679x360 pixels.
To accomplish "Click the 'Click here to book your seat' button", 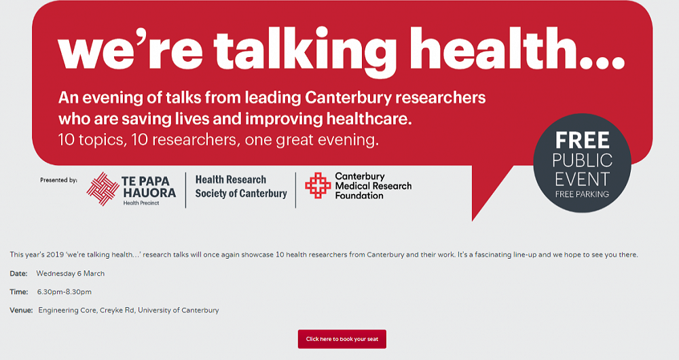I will coord(342,339).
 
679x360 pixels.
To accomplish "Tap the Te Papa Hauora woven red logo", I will coord(103,189).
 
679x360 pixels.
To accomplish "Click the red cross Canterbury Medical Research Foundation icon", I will coord(318,185).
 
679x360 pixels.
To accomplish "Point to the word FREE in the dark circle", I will coord(583,141).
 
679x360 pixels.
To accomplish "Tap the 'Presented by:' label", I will coord(59,181).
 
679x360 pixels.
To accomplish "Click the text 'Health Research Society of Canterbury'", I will coord(241,187).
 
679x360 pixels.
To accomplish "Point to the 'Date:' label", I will coord(19,274).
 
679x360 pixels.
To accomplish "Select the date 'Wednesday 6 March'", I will coord(71,274).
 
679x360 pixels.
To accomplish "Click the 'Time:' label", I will coord(19,292).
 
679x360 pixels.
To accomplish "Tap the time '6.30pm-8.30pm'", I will coord(65,292).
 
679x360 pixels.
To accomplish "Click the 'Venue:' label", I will coord(21,310).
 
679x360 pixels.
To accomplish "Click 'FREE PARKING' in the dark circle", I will coord(582,194).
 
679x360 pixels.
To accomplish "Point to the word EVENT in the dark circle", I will coord(583,179).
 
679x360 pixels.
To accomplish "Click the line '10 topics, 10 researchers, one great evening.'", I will coord(218,141).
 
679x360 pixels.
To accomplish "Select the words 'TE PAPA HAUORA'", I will coord(148,187).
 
